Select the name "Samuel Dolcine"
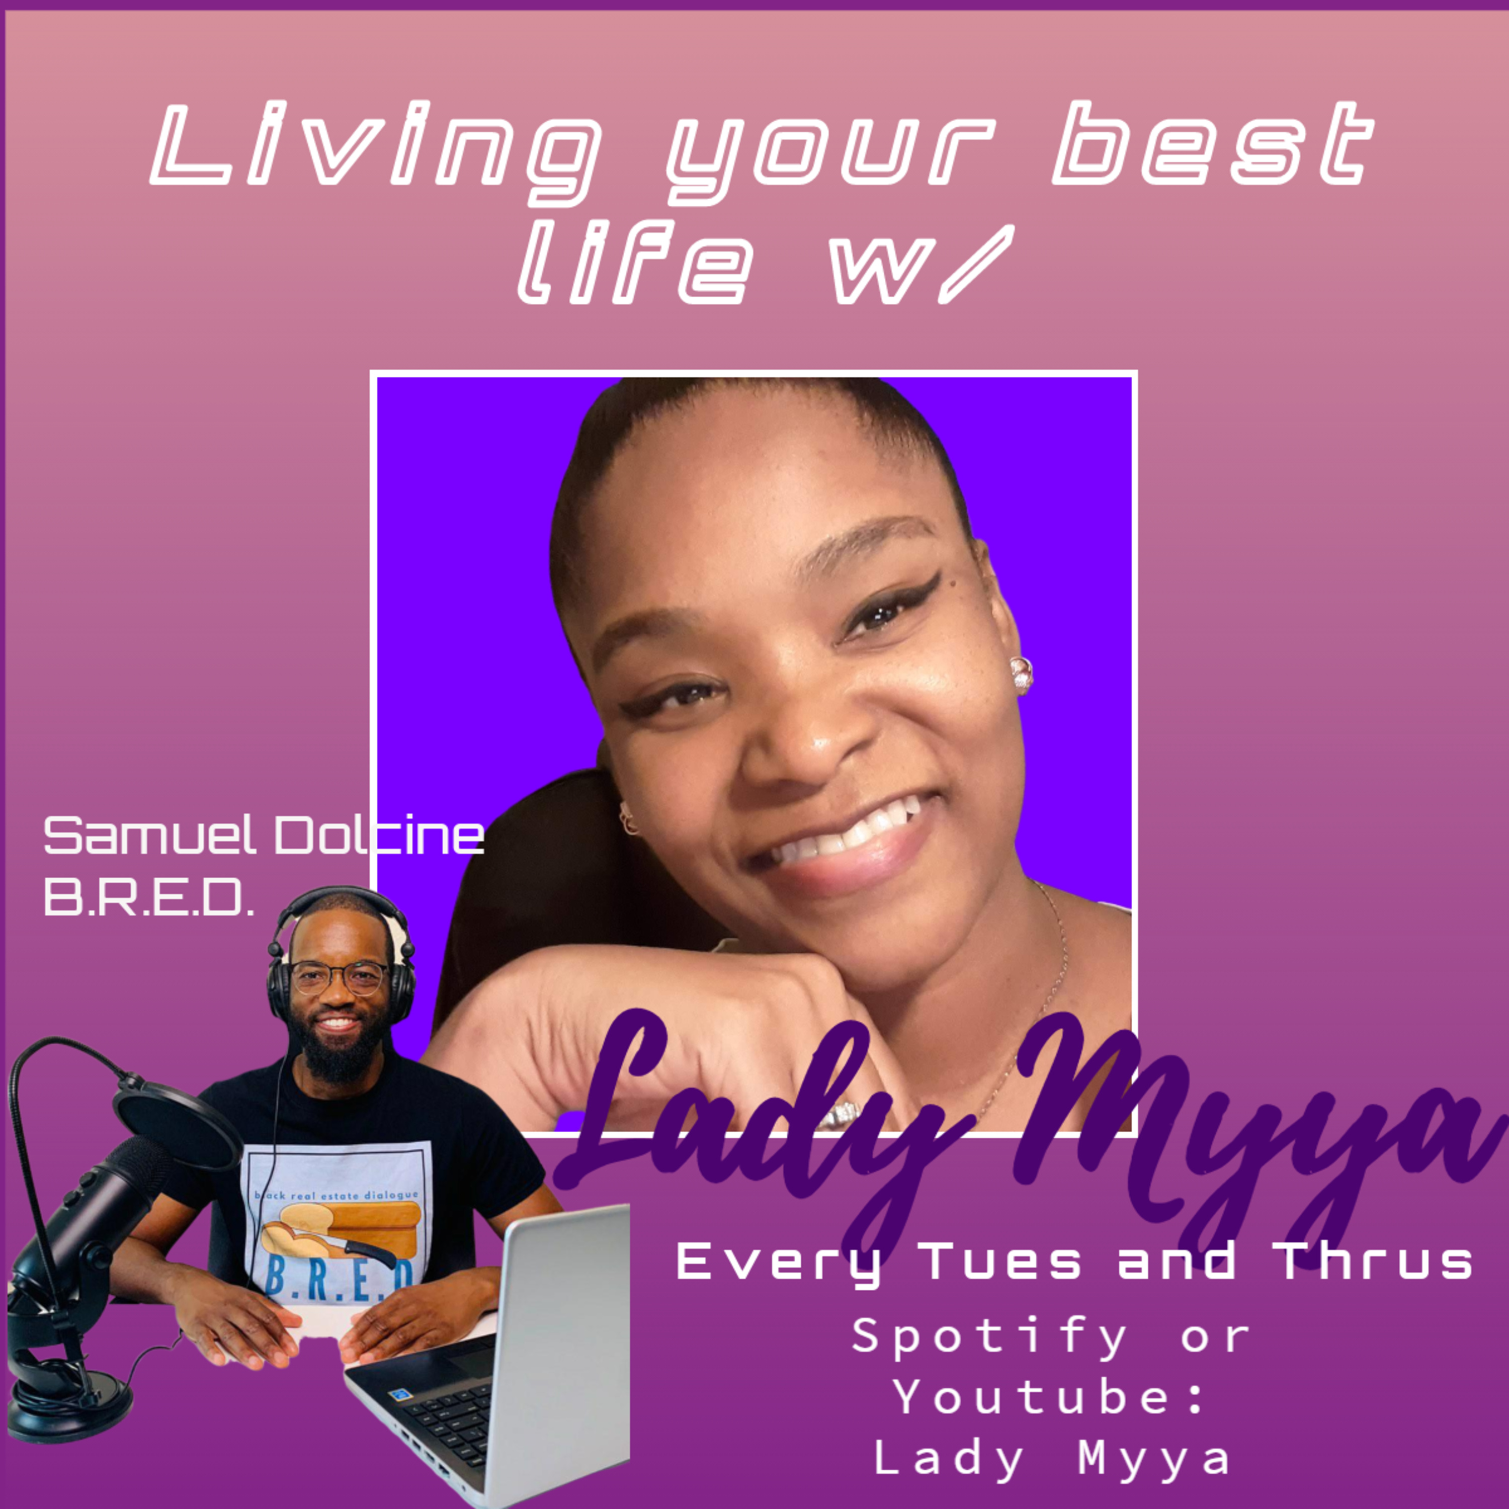(x=263, y=835)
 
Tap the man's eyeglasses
(x=339, y=978)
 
